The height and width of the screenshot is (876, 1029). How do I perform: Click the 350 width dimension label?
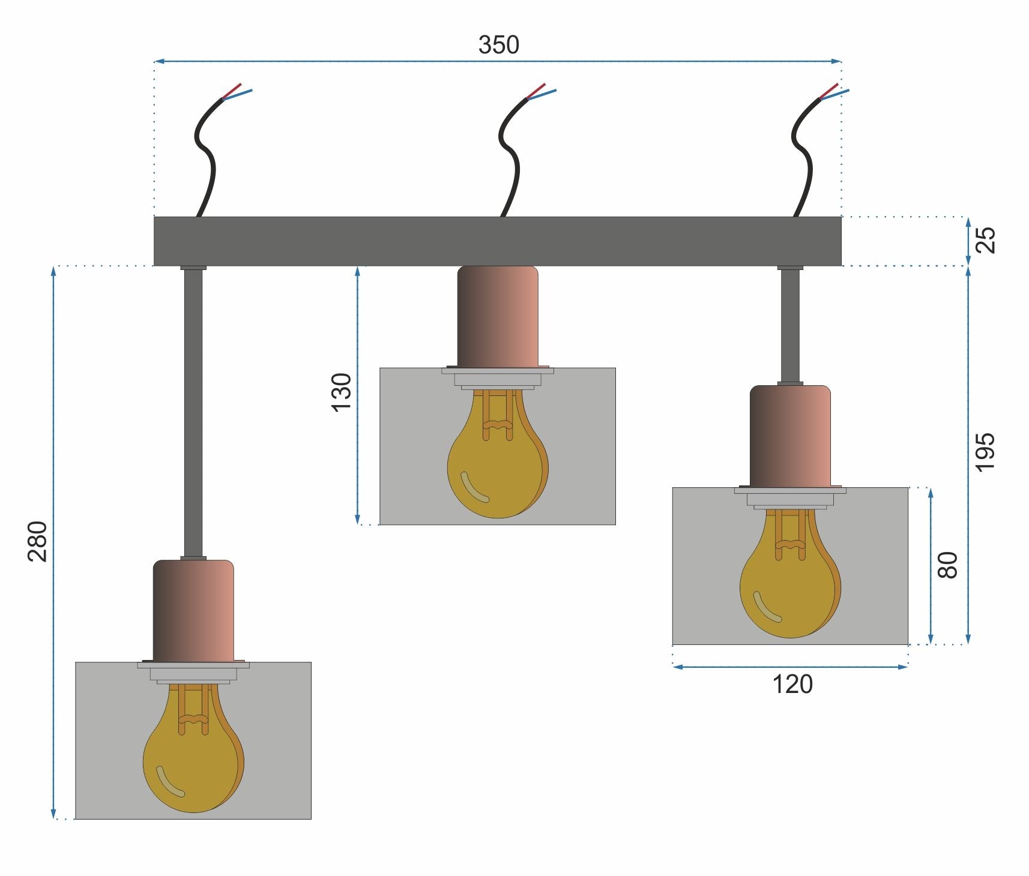[498, 45]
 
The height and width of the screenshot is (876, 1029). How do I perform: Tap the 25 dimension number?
[985, 240]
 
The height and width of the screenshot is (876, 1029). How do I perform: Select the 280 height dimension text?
[37, 541]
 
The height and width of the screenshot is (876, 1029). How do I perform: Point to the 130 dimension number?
[341, 392]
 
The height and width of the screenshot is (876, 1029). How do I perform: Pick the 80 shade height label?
[948, 565]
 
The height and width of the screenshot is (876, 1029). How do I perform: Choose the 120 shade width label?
[792, 685]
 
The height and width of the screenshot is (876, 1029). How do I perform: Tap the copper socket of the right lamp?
[789, 436]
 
